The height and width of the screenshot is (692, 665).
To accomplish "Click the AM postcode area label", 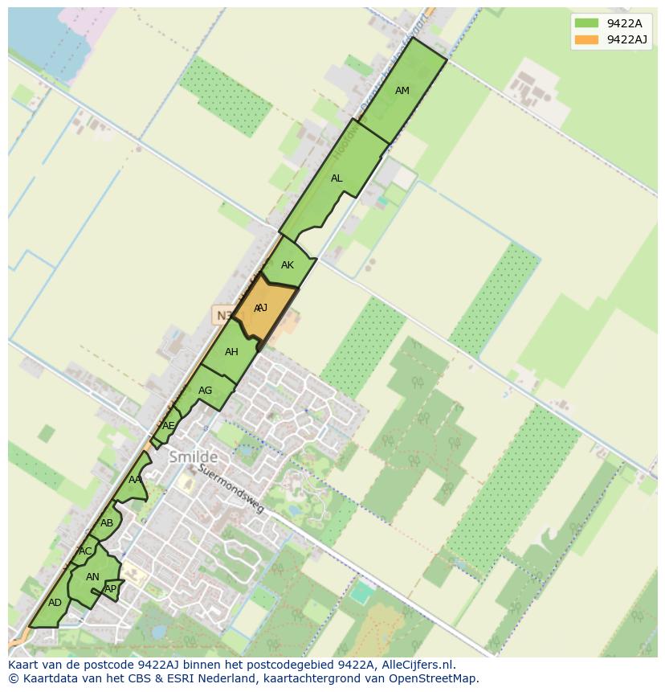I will pyautogui.click(x=402, y=91).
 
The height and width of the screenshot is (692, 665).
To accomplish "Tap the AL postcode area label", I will pyautogui.click(x=337, y=178).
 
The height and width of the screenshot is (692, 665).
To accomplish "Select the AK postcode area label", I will pyautogui.click(x=288, y=265).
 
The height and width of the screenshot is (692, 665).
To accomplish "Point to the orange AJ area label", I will pyautogui.click(x=261, y=309).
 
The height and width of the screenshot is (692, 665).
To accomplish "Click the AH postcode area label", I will pyautogui.click(x=231, y=352).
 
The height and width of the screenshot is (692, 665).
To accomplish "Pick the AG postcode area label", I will pyautogui.click(x=205, y=391).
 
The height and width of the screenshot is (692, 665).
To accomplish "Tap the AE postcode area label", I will pyautogui.click(x=168, y=426).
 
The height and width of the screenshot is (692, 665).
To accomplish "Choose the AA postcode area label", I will pyautogui.click(x=135, y=480).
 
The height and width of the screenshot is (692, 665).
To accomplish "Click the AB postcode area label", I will pyautogui.click(x=107, y=524).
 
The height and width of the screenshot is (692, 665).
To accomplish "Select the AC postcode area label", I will pyautogui.click(x=85, y=551).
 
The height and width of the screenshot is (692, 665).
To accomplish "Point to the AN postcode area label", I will pyautogui.click(x=92, y=577).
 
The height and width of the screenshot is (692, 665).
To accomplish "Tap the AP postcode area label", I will pyautogui.click(x=111, y=589).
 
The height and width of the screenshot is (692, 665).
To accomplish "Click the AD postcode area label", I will pyautogui.click(x=55, y=603).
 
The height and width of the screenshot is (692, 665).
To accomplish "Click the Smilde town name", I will pyautogui.click(x=194, y=457).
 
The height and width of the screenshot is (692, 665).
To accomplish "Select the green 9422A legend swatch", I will pyautogui.click(x=586, y=23).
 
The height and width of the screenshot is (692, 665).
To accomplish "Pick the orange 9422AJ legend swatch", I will pyautogui.click(x=586, y=39).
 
